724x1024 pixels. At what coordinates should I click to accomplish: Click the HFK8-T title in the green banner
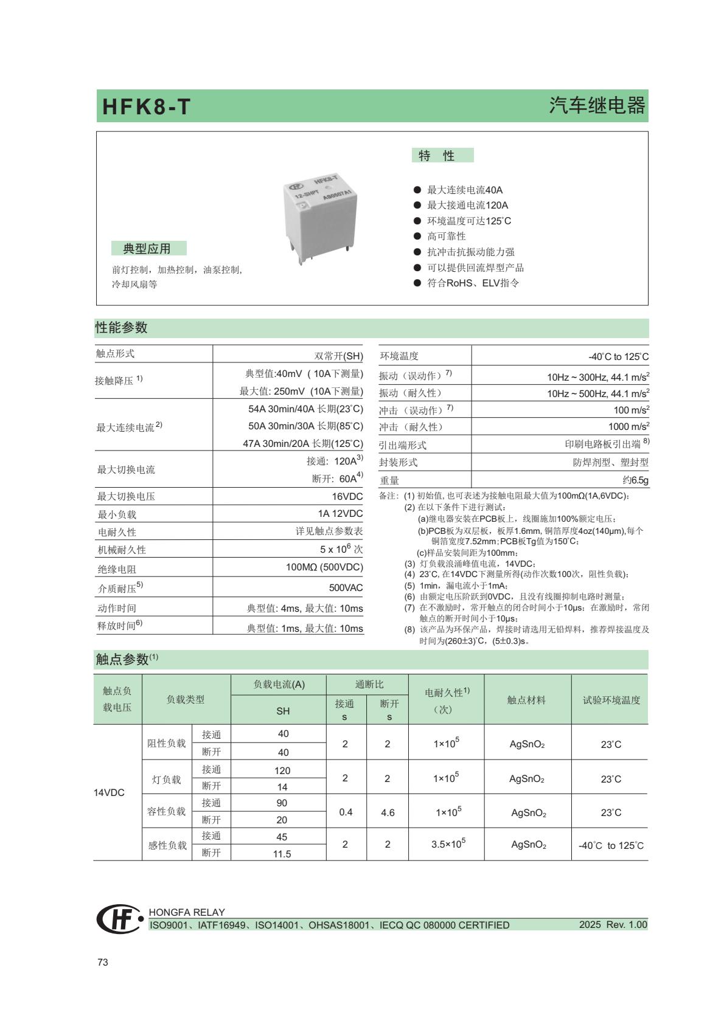coord(147,107)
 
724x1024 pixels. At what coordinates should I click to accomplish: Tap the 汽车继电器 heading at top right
coord(597,106)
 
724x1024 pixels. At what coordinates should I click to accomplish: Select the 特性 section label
coord(437,156)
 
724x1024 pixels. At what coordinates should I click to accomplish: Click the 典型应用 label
coord(147,248)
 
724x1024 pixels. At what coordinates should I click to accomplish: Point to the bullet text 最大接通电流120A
coord(467,205)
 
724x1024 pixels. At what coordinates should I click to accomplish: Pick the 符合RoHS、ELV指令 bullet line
coord(473,283)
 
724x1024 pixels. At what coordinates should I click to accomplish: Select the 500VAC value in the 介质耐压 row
coord(346,587)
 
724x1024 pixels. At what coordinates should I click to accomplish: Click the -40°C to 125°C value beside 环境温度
coord(618,356)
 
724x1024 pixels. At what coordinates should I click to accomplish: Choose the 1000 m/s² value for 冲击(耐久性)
coord(628,427)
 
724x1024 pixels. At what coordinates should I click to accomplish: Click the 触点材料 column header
coord(527,700)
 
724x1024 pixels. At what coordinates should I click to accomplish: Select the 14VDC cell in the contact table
coord(109,792)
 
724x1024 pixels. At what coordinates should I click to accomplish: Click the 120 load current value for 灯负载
coord(282,770)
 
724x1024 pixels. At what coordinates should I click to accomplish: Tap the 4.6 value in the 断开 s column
coord(388,812)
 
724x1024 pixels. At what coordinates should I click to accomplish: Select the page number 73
coord(103,962)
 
